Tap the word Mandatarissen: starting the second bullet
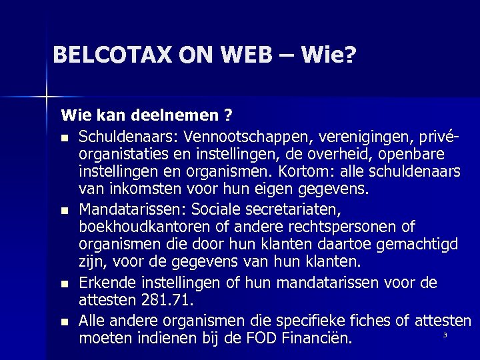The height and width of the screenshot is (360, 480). (128, 209)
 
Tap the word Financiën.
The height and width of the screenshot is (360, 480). (315, 338)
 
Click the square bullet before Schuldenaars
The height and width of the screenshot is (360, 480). (64, 139)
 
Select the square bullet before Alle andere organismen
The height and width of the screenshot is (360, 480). (64, 322)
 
